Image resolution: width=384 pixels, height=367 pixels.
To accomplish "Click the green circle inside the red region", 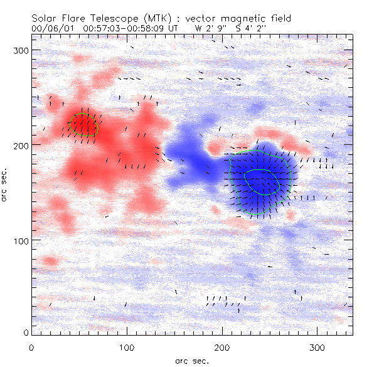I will coord(83,124).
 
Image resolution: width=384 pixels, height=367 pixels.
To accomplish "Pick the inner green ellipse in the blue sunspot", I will coord(262,182).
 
